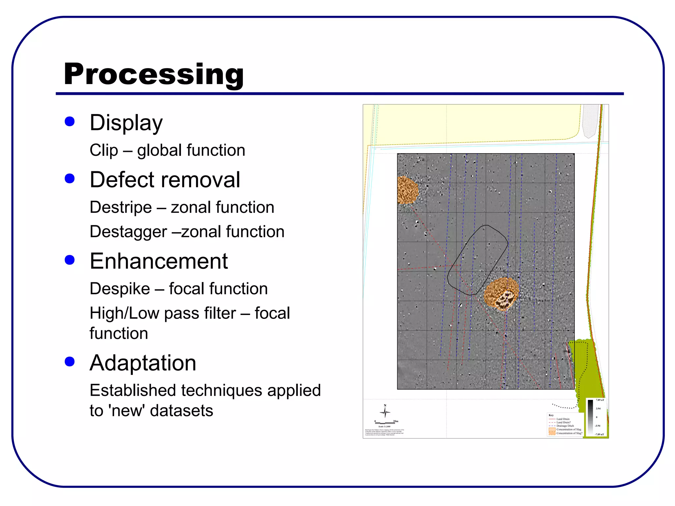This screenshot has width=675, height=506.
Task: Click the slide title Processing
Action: tap(154, 74)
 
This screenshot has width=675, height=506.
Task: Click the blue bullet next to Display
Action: tap(70, 122)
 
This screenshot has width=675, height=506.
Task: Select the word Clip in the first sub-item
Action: tap(104, 151)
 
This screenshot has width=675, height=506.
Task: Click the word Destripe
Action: tap(121, 208)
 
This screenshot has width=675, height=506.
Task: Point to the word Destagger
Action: tap(128, 232)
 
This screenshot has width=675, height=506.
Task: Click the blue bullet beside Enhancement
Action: tap(70, 260)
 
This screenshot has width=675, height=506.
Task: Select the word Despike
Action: tap(120, 289)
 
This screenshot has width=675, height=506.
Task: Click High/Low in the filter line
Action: tap(125, 313)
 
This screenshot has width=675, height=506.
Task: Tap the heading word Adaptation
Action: tap(143, 363)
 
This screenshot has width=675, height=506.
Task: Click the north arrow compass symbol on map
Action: tap(385, 412)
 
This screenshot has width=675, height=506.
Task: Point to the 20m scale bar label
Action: tap(396, 421)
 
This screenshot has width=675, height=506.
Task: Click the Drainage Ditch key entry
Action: tap(565, 426)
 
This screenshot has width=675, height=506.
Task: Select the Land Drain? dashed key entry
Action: tap(563, 422)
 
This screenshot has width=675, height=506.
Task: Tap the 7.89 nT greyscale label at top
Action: tap(600, 400)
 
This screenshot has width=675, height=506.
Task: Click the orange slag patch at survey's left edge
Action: tap(407, 190)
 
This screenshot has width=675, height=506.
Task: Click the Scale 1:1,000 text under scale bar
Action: tap(384, 427)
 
